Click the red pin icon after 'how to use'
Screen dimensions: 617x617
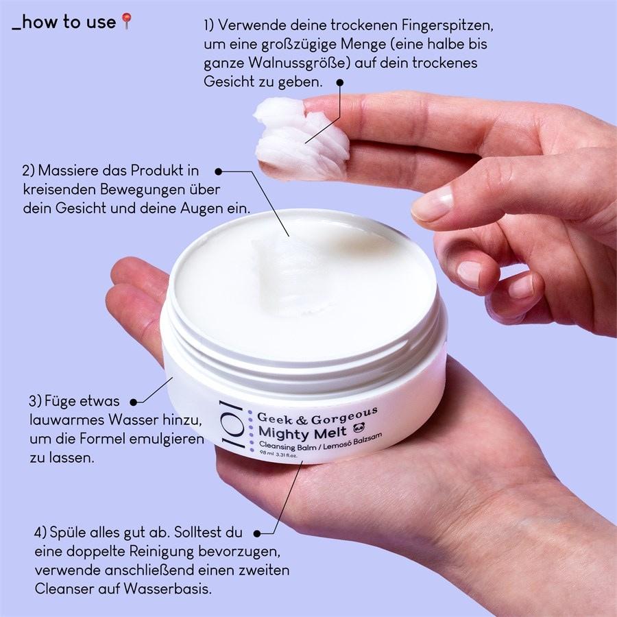pos(126,22)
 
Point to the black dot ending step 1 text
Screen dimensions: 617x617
pos(339,82)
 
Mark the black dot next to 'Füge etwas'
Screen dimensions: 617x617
pos(134,401)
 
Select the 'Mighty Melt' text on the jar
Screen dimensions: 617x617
pos(302,432)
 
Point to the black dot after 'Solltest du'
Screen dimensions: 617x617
pos(258,532)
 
